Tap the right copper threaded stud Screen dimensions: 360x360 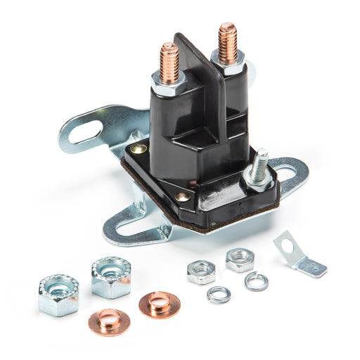tap(227, 41)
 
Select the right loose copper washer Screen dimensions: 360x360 tap(159, 304)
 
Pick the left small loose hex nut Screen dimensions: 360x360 tap(201, 271)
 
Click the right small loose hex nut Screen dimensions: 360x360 tap(240, 259)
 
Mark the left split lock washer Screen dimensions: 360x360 tap(219, 294)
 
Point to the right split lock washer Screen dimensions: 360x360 tap(256, 281)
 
